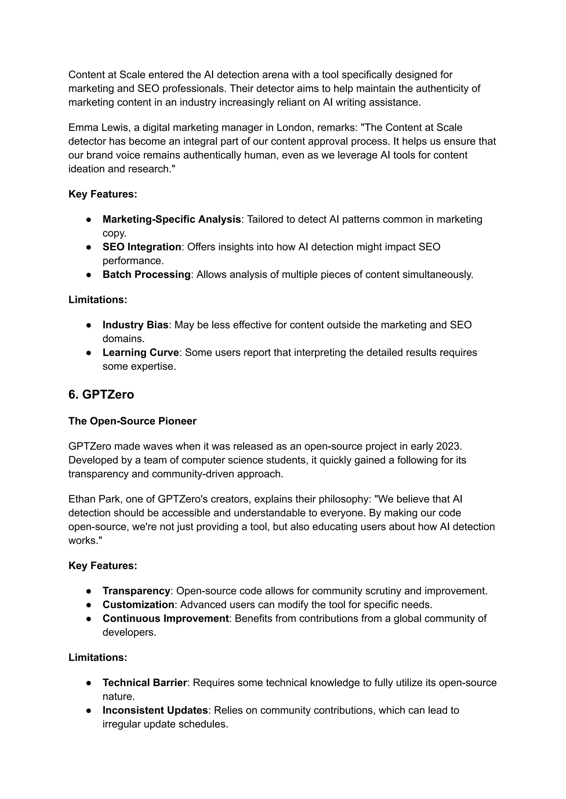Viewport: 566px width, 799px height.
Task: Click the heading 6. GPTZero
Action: coord(101,394)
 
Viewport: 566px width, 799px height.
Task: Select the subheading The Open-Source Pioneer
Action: coord(132,421)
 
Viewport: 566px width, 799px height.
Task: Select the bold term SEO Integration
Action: coord(141,247)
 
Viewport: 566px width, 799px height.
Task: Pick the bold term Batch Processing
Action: coord(146,275)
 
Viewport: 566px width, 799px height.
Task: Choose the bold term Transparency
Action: coord(136,591)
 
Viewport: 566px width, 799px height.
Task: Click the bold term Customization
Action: coord(138,604)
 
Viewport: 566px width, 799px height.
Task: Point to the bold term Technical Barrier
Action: coord(145,682)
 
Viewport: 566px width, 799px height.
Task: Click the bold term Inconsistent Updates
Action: coord(155,710)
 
